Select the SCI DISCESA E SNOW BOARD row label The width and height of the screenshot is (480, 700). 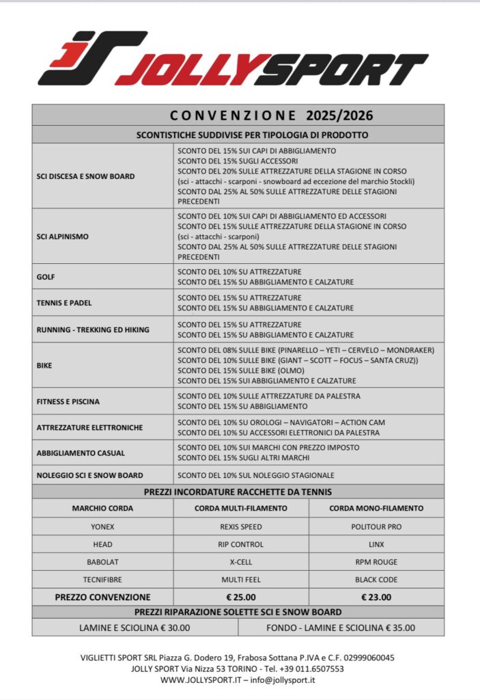pos(85,176)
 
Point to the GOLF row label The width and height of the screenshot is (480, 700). pos(46,277)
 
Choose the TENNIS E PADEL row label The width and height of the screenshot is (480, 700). pos(63,302)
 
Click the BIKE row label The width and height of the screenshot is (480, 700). pos(44,365)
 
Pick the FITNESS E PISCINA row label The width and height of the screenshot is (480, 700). pos(68,401)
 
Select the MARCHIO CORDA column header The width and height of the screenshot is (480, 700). pos(102,508)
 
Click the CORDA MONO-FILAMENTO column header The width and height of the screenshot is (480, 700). pos(376,508)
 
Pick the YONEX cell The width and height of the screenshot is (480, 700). pos(102,527)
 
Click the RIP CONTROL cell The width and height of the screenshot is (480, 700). pos(240,545)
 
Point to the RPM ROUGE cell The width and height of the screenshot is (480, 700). pos(376,562)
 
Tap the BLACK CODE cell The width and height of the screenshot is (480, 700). pos(376,579)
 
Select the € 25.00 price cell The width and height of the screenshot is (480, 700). pos(240,597)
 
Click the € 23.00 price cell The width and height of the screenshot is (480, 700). pos(376,597)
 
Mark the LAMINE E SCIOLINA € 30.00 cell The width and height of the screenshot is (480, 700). pos(135,628)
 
